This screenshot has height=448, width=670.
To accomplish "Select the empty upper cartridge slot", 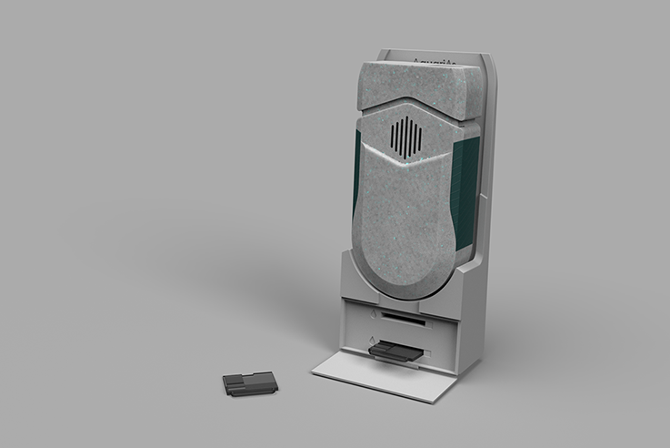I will click(x=405, y=318).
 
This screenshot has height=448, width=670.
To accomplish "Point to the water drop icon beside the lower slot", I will click(x=371, y=341).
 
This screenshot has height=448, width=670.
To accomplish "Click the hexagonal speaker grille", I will click(x=405, y=137).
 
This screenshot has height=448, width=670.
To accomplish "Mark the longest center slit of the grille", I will click(x=405, y=137).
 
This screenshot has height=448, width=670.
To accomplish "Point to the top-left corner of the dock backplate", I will click(x=380, y=52).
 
